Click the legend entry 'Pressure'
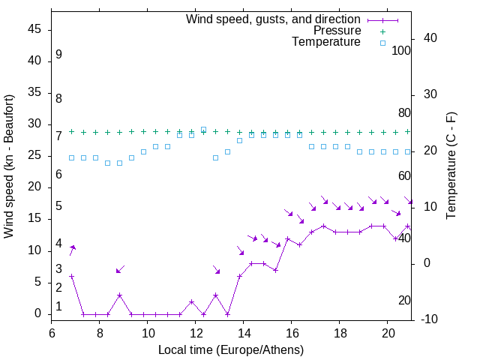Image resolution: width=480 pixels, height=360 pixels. (337, 31)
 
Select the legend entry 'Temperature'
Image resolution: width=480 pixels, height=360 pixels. (326, 42)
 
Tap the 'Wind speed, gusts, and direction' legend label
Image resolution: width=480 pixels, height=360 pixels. (274, 19)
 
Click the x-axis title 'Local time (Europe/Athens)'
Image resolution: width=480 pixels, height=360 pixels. (231, 349)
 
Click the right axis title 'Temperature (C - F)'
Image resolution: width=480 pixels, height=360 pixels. (451, 166)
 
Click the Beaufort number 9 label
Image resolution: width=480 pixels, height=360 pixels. (58, 55)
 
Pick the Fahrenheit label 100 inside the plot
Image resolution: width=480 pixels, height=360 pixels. (401, 50)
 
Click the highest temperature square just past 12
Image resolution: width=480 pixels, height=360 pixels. (203, 130)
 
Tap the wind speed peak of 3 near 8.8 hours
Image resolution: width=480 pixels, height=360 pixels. (119, 295)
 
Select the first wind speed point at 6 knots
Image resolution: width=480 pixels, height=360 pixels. (72, 276)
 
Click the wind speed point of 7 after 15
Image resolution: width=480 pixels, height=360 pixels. (275, 270)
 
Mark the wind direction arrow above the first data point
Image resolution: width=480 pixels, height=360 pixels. (73, 250)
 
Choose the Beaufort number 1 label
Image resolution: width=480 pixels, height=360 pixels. (58, 306)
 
